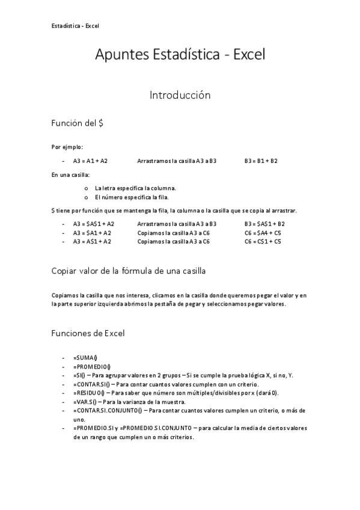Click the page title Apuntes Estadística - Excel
tap(180, 55)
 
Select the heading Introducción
tap(180, 95)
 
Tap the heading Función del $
tap(78, 123)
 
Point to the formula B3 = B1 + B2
tap(261, 161)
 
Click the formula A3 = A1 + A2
tap(90, 161)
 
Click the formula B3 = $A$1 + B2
tap(264, 224)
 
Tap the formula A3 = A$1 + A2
tap(92, 241)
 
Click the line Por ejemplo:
tap(67, 147)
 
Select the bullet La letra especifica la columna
tap(135, 188)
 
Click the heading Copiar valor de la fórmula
tap(129, 272)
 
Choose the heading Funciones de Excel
tap(88, 333)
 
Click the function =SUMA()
tap(85, 357)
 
